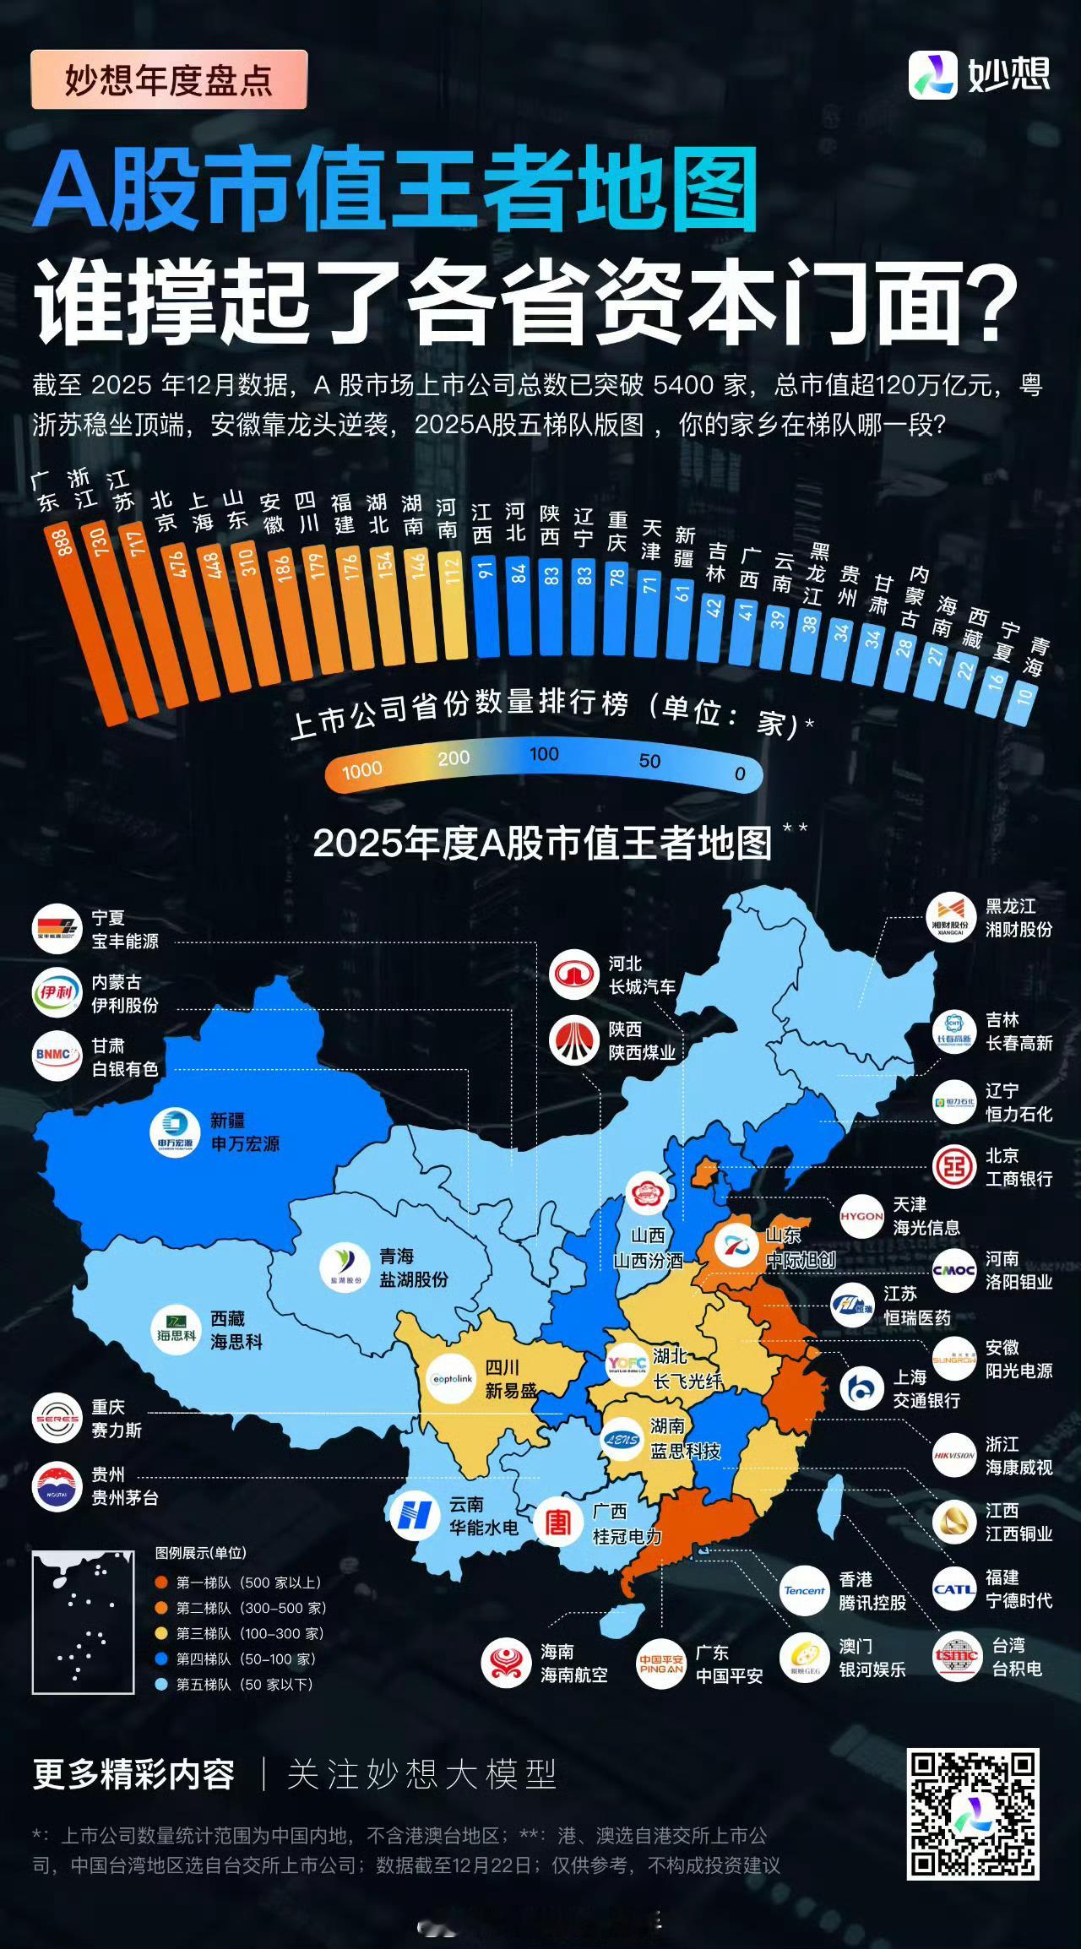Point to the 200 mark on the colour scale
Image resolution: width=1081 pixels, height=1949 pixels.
click(x=454, y=757)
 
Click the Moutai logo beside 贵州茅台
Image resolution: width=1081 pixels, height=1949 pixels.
click(x=57, y=1487)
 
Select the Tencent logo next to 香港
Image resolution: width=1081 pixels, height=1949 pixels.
click(x=804, y=1591)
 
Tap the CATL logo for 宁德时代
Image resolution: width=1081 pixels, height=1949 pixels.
click(x=954, y=1589)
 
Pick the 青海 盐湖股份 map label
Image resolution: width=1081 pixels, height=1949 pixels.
click(x=413, y=1268)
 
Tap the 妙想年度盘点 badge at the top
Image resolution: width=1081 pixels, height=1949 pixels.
click(x=169, y=80)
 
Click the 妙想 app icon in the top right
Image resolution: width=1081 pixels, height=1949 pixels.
click(x=932, y=75)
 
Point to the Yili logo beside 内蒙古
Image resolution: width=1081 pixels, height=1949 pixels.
click(x=57, y=993)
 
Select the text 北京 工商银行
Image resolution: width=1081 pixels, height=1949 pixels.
click(x=1019, y=1167)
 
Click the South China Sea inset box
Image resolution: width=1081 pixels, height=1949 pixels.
click(x=83, y=1622)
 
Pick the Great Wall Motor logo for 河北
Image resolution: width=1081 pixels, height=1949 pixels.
click(x=573, y=974)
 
